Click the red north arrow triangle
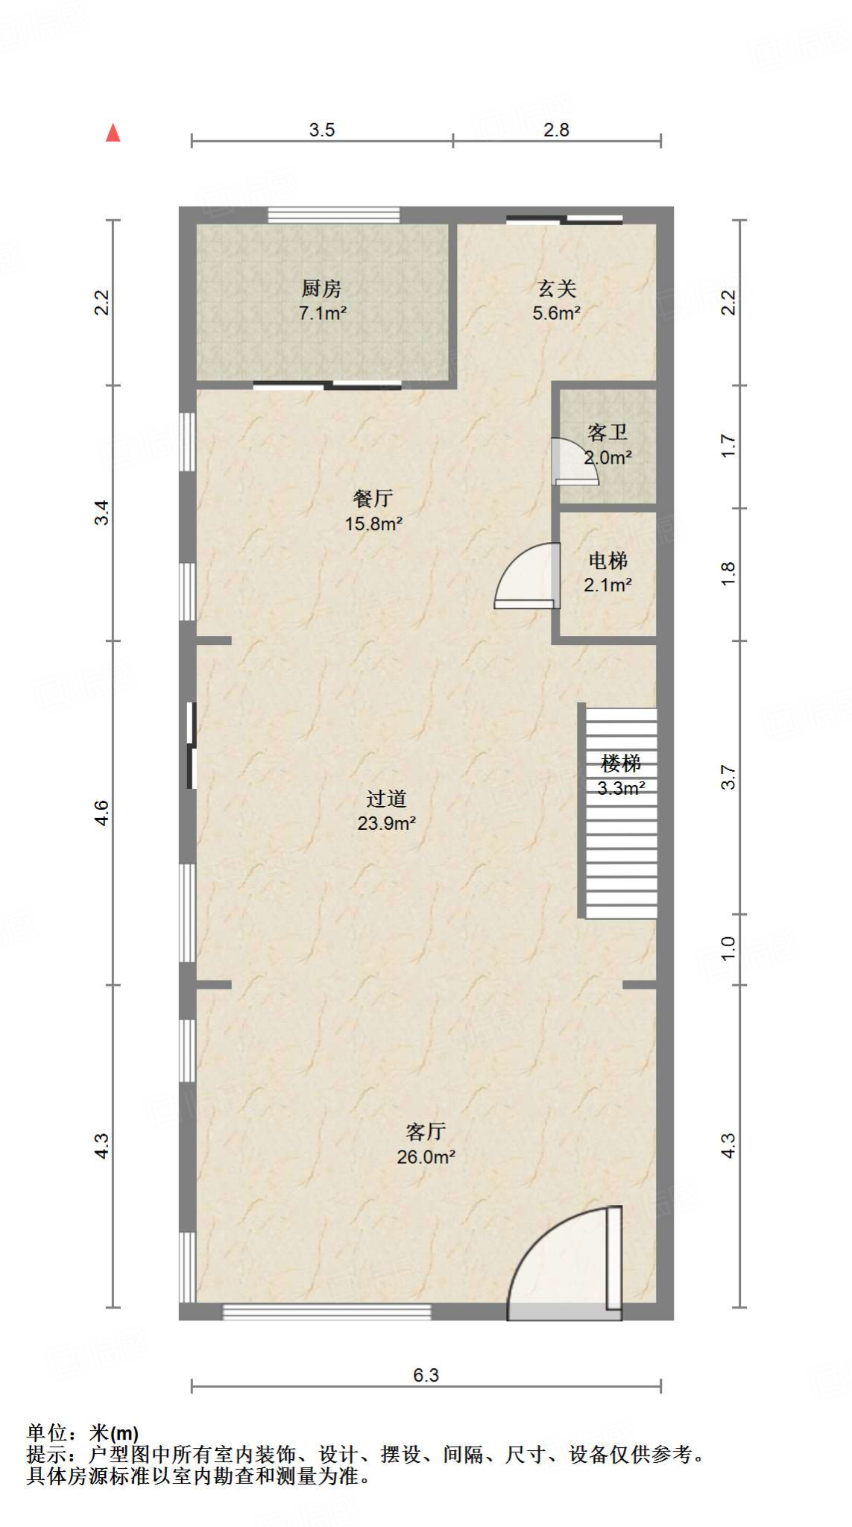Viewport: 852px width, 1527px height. [113, 133]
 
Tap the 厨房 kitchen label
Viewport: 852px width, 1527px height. [321, 288]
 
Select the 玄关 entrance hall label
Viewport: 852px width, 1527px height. [557, 288]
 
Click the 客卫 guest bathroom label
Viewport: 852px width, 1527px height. [608, 432]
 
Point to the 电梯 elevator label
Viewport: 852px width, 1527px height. [608, 561]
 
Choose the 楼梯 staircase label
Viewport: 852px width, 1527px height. [621, 763]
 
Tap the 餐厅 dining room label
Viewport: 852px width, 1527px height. [373, 498]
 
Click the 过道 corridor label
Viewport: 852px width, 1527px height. [386, 799]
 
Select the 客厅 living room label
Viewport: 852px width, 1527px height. [426, 1132]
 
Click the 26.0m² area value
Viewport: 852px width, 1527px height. [426, 1157]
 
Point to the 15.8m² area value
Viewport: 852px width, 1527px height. [373, 523]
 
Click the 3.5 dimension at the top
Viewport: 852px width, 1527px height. [322, 130]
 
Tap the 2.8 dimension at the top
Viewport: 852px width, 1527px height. [556, 130]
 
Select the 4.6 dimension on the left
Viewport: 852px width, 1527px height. [101, 813]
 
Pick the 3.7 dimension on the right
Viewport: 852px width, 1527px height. [728, 778]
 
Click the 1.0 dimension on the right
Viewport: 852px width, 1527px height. [728, 948]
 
